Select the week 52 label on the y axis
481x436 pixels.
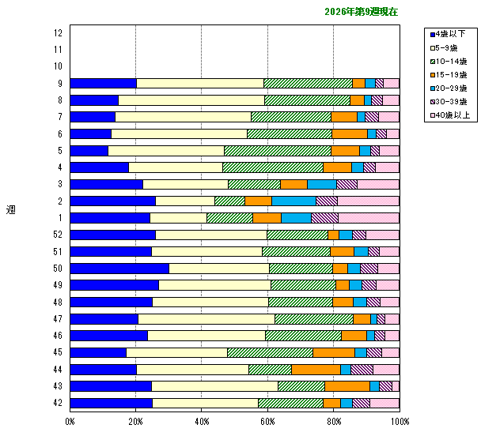point(59,235)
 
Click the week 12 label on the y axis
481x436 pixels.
point(59,33)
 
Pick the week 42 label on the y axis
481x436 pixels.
point(59,403)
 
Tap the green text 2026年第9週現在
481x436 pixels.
point(362,13)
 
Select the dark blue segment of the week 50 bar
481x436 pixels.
point(119,269)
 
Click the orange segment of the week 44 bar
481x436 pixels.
point(316,369)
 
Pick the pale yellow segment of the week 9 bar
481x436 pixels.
point(199,83)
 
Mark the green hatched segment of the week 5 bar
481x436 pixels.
point(277,151)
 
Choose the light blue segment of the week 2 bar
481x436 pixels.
point(294,201)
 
